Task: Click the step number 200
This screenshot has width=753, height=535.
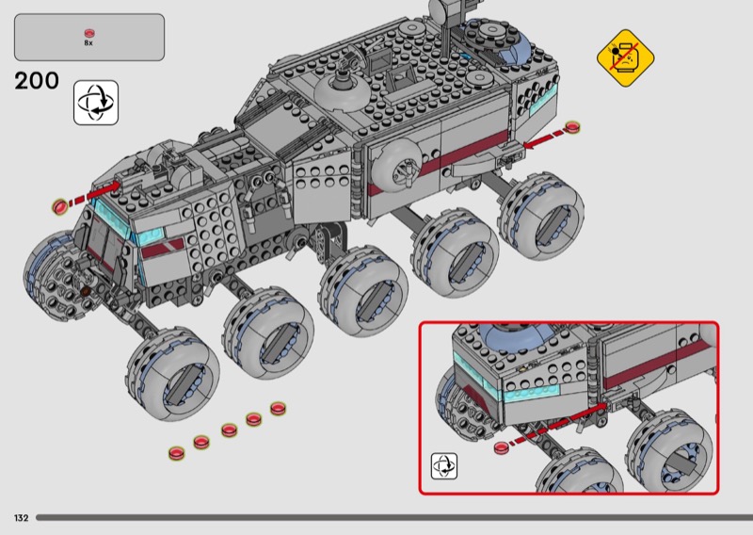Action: [37, 81]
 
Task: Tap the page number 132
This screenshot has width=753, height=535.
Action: [21, 518]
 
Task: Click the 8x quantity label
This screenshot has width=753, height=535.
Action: [88, 42]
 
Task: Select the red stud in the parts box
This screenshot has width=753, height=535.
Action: [89, 33]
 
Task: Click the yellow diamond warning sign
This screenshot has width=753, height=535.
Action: [625, 58]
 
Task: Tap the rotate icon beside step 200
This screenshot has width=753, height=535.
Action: [96, 103]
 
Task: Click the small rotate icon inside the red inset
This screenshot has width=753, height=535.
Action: [443, 466]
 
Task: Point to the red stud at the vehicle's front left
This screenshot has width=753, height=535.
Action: [60, 207]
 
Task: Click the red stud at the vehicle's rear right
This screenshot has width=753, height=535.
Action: [572, 127]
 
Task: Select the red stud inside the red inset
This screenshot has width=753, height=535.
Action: [502, 447]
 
